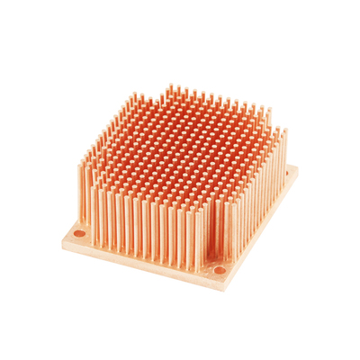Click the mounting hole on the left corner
(x=79, y=236)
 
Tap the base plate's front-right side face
(x=265, y=229)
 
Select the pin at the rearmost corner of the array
(x=166, y=99)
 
